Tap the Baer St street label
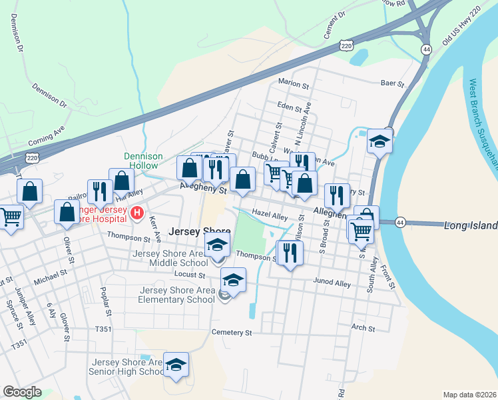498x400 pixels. point(392,84)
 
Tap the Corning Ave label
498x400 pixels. point(46,137)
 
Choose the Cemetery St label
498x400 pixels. point(232,332)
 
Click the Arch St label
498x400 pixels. point(364,328)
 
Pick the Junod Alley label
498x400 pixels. point(332,283)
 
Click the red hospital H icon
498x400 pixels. point(137,213)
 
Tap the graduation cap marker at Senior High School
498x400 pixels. point(176,365)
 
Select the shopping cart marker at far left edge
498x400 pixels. point(10,216)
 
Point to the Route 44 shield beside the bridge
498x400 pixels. point(400,221)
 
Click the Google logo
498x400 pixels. point(22,392)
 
